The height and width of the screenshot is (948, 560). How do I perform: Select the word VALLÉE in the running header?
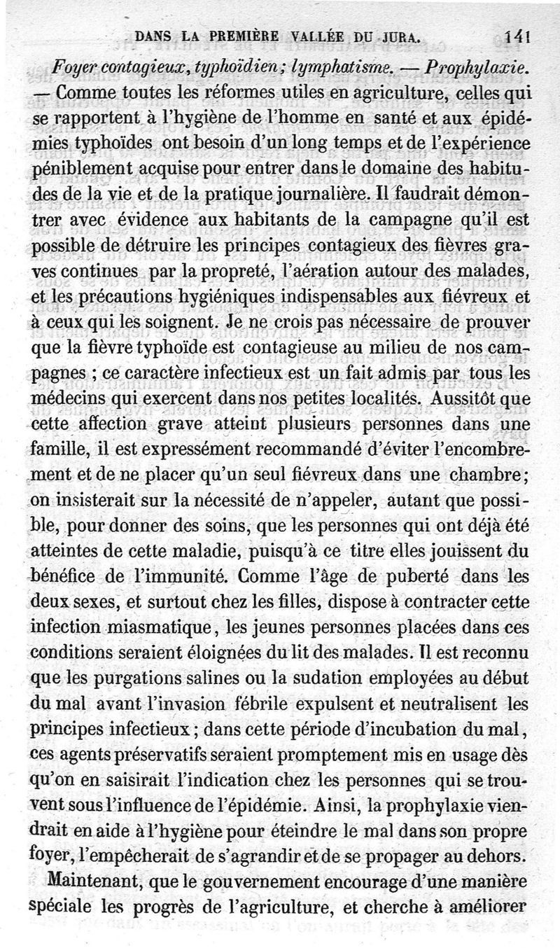pos(295,41)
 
